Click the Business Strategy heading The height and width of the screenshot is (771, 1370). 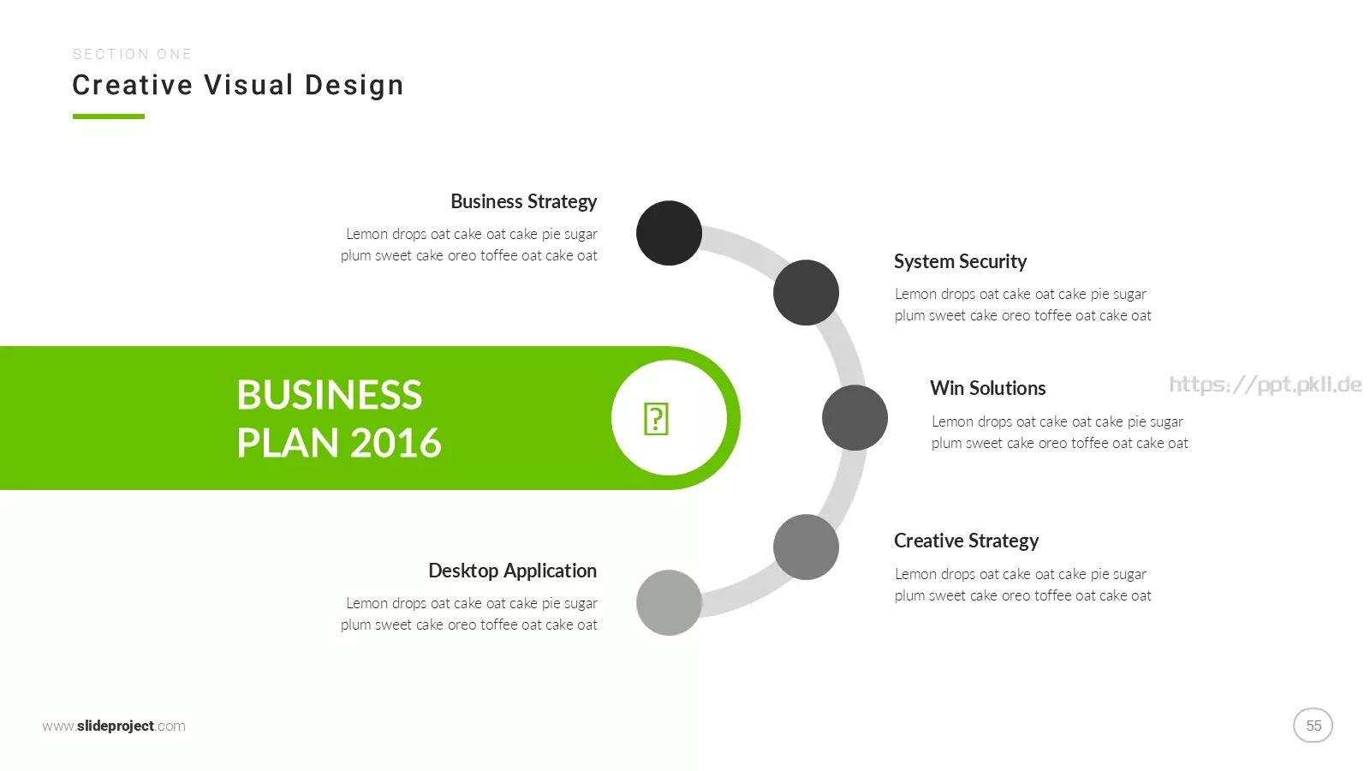(x=523, y=202)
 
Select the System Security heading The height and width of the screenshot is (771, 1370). (x=960, y=262)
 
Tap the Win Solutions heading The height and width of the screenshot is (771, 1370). (x=988, y=388)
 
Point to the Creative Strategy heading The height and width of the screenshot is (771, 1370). (x=967, y=541)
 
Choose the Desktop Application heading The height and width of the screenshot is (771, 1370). (x=513, y=571)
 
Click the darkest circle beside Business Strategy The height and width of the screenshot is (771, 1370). (x=669, y=233)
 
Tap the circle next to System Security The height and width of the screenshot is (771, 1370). (x=806, y=292)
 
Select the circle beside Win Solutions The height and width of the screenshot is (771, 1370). (x=855, y=418)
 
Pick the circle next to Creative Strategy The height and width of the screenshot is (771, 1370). (x=806, y=547)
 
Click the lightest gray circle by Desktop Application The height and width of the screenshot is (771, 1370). (x=669, y=603)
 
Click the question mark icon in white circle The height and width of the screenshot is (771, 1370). (x=656, y=419)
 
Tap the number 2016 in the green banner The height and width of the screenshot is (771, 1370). (x=396, y=443)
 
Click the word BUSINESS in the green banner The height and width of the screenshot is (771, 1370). (x=330, y=395)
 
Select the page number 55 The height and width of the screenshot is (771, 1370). (x=1313, y=726)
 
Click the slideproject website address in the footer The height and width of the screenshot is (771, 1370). (x=114, y=726)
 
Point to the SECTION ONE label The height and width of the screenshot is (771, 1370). (x=132, y=55)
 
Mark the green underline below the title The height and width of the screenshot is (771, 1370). (x=109, y=117)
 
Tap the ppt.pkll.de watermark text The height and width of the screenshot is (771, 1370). (x=1266, y=385)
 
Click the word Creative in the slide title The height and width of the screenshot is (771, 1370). (x=133, y=85)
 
